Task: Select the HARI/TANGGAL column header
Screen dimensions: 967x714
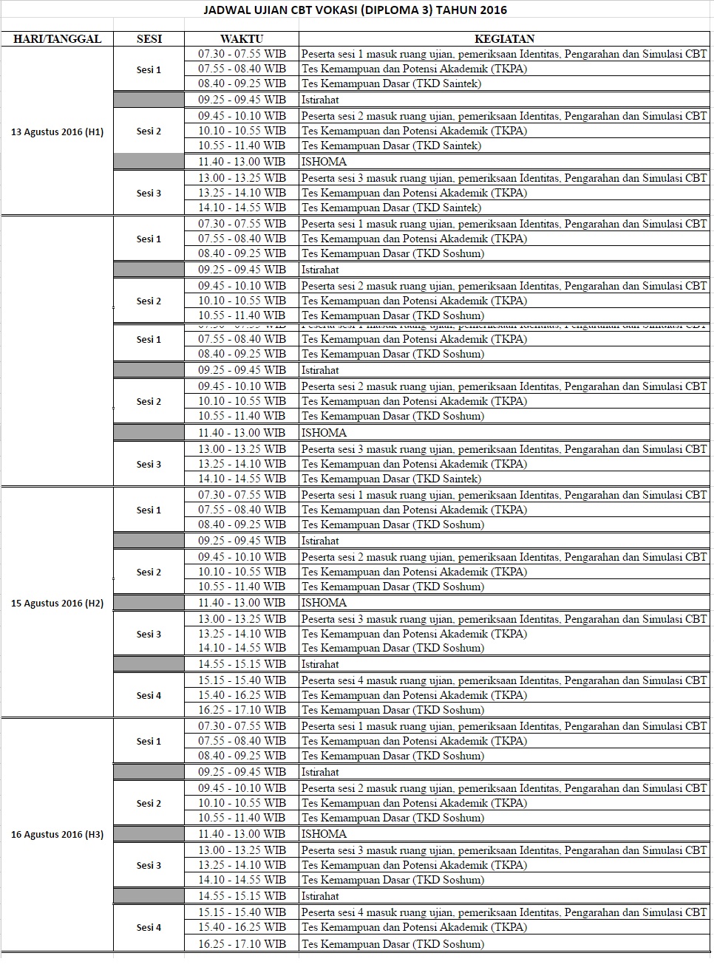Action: point(57,39)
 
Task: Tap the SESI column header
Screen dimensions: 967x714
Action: point(149,39)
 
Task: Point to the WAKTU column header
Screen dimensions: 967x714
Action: point(242,39)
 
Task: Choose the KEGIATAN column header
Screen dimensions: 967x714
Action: point(504,39)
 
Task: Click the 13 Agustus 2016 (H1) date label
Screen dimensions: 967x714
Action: point(57,132)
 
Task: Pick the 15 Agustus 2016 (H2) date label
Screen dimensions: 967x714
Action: point(57,604)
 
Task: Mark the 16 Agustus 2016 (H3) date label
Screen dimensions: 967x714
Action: point(57,835)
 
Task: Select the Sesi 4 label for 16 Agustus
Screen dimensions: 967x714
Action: point(149,928)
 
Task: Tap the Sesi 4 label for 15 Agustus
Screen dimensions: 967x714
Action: point(149,696)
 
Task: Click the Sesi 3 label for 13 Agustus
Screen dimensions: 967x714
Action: point(149,194)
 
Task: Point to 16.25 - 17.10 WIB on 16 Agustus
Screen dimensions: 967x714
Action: point(242,944)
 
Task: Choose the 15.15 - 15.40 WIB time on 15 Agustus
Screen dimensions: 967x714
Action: point(242,680)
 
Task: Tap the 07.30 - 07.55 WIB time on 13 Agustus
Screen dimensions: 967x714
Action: point(242,54)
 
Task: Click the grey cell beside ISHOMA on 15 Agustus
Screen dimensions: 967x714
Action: point(149,603)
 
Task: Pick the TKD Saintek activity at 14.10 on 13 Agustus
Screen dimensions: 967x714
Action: point(391,208)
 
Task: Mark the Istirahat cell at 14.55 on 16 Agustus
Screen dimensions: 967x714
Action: point(320,896)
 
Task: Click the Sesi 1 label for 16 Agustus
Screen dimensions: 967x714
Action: point(149,742)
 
